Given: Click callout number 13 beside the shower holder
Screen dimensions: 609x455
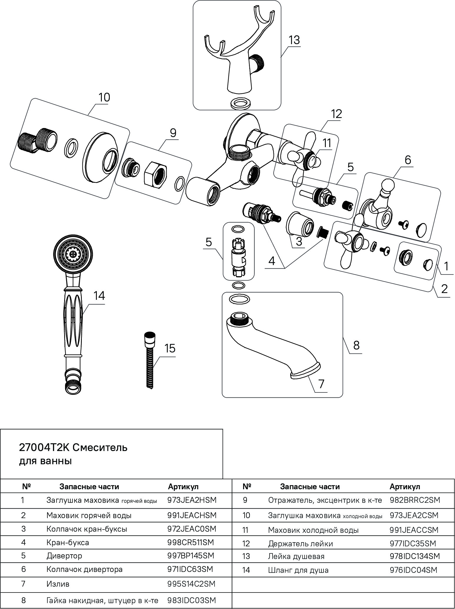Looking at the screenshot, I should (x=294, y=40).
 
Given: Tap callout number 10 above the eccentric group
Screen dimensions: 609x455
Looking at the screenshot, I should (x=104, y=97).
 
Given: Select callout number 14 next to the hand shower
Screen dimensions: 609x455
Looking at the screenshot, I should (x=99, y=296).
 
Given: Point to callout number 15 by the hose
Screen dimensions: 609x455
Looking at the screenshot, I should (x=170, y=348).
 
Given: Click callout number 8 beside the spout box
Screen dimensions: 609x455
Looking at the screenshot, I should (x=356, y=345).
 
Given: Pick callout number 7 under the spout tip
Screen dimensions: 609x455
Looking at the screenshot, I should (x=321, y=383).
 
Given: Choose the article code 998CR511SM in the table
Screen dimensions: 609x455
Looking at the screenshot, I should (x=191, y=542).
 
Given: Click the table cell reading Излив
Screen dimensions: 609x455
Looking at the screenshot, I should (x=58, y=583).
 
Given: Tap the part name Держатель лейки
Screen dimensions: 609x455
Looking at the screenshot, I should (x=300, y=543).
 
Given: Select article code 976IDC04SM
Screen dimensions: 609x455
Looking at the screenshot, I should (x=413, y=570).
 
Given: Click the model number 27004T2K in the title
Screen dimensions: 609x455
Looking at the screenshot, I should (x=44, y=447).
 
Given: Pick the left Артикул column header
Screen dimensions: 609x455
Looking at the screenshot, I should (x=183, y=486).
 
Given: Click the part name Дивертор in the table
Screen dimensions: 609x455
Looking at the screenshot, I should (x=64, y=556).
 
